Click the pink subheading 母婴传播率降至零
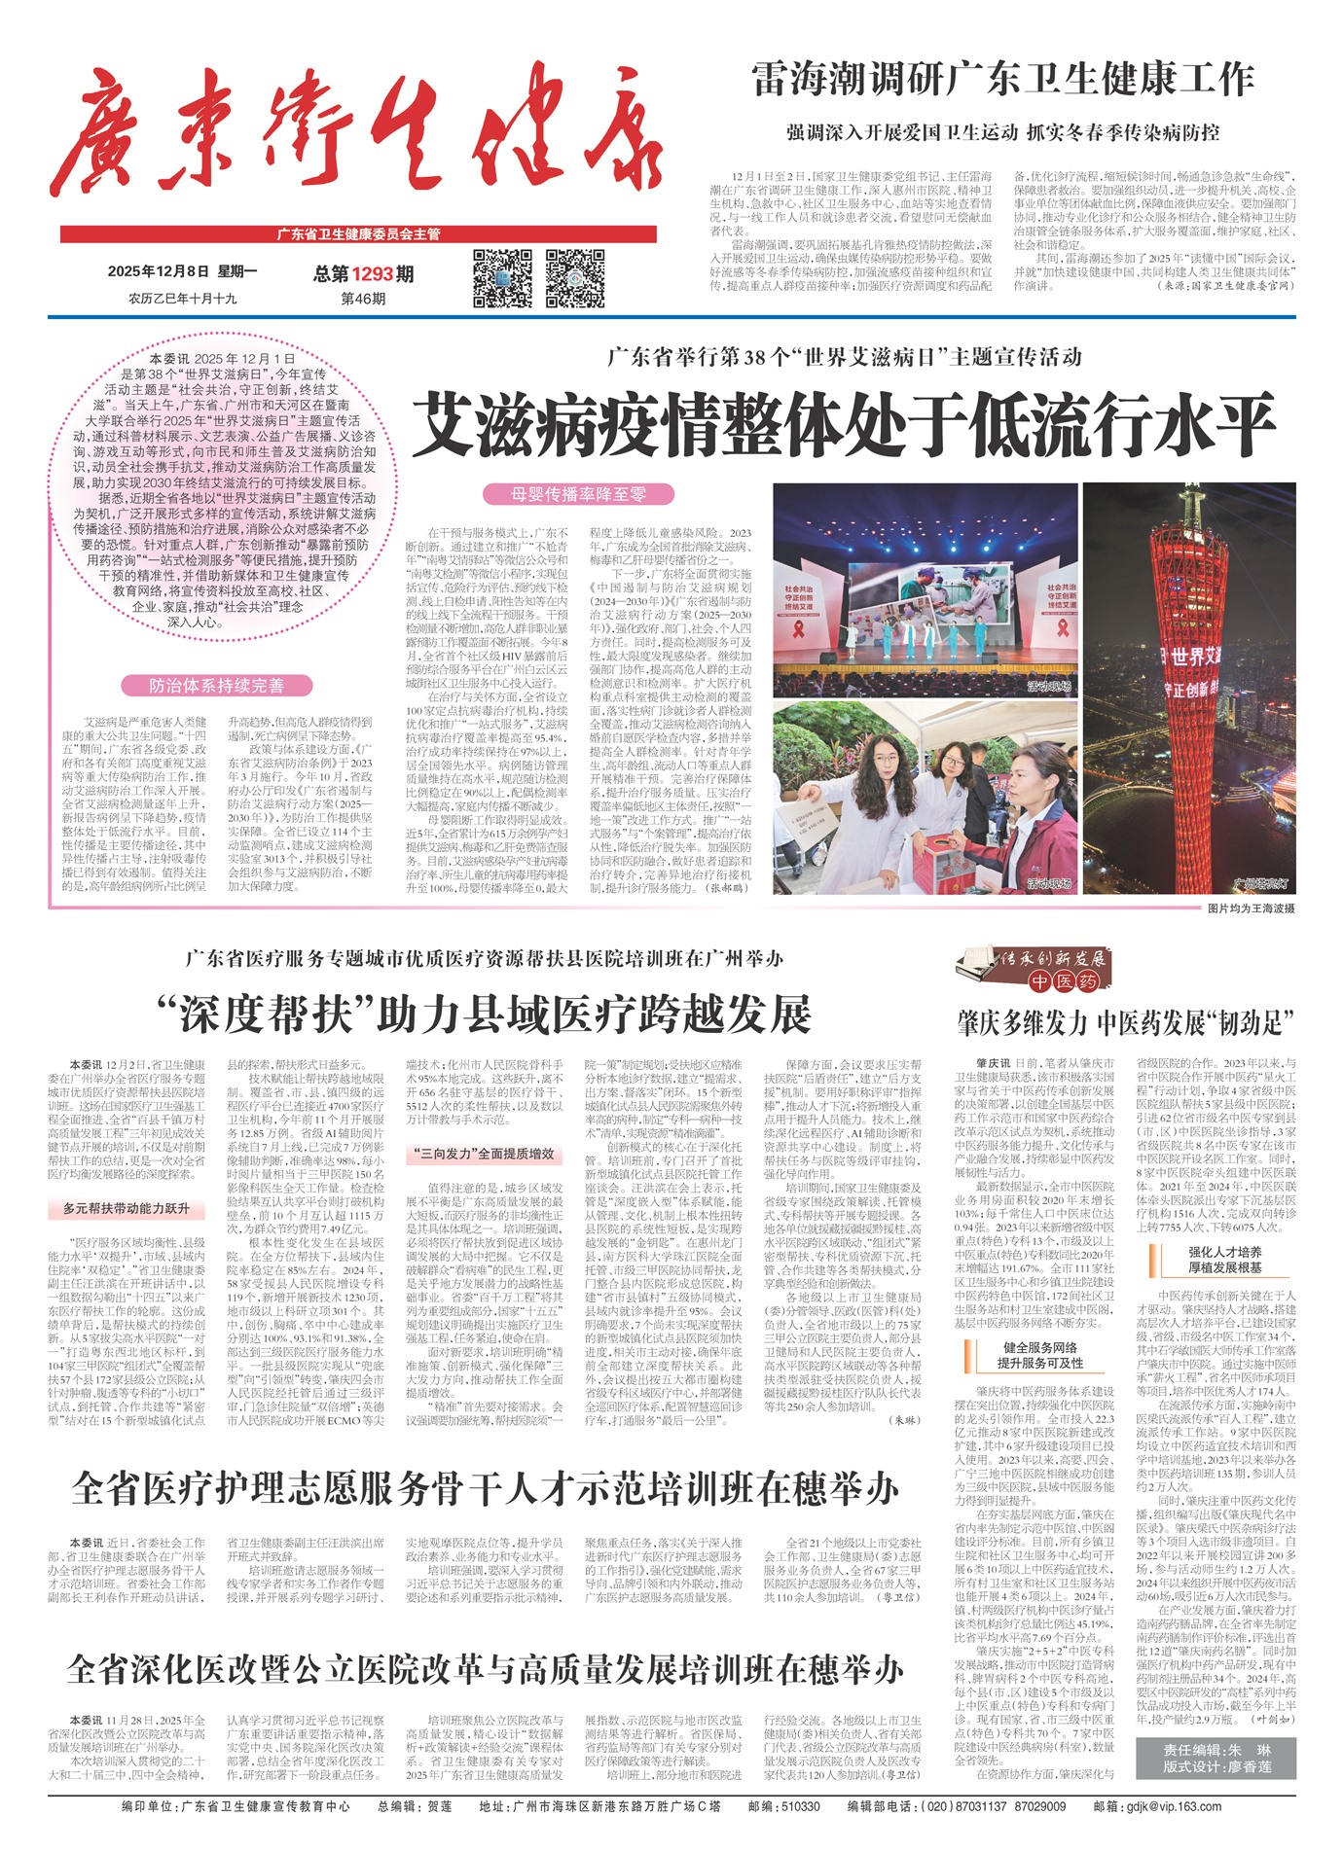[x=578, y=494]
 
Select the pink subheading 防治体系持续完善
[x=216, y=686]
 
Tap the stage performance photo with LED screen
[x=924, y=590]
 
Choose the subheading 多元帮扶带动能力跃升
[x=127, y=1209]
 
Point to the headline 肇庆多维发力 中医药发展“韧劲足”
[x=1125, y=1023]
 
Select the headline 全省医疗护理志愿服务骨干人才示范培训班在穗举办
[x=485, y=1489]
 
